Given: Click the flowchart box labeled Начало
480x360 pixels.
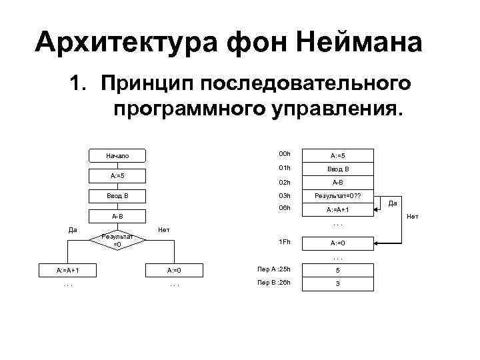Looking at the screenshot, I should pos(117,156).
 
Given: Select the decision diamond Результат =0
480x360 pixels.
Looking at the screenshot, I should pos(117,240).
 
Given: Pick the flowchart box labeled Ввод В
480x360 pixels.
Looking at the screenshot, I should pos(117,196).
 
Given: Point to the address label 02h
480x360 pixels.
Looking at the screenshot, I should pos(285,182).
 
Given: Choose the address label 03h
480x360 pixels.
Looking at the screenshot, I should pos(285,196).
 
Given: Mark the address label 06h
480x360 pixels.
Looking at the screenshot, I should pos(285,209).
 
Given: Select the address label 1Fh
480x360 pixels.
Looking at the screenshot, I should pos(285,241).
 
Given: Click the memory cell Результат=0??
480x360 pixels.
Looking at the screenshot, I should pos(337,196).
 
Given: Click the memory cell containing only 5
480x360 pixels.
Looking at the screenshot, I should pos(337,271).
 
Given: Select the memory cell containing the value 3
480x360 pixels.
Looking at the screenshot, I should pos(337,284).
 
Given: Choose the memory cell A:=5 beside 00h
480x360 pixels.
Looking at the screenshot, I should pos(337,156).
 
